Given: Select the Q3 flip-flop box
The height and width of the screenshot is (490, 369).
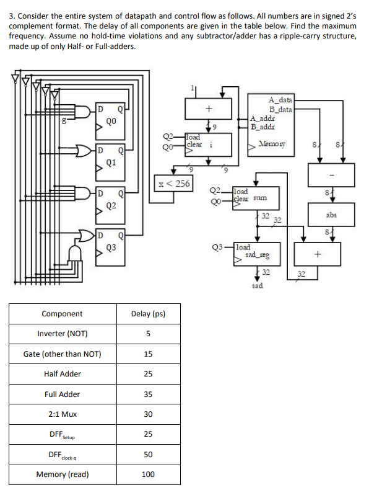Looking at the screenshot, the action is click(x=110, y=248).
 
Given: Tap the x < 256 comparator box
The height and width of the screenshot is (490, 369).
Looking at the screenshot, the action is click(x=174, y=184).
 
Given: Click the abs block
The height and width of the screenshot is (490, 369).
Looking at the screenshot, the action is click(x=331, y=215).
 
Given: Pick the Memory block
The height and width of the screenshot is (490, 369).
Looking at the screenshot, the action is click(x=271, y=125).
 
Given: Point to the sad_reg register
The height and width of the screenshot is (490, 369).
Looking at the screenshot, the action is click(x=256, y=254).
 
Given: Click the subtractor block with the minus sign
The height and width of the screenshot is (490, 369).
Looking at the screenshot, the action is click(x=331, y=175).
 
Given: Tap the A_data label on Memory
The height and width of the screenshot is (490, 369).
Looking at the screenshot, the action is click(x=280, y=100).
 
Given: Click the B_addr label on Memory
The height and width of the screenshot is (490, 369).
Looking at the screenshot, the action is click(x=263, y=127).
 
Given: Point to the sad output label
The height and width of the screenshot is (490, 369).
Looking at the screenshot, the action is click(x=258, y=285).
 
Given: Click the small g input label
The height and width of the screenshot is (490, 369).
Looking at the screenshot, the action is click(x=63, y=120).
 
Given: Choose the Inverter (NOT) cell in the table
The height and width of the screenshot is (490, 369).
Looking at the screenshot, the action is click(x=63, y=334).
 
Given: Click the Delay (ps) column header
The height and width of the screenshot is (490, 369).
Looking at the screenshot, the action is click(x=148, y=314).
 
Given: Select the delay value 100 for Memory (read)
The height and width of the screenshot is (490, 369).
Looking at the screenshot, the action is click(x=148, y=474).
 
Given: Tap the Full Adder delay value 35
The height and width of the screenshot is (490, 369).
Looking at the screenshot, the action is click(x=148, y=394).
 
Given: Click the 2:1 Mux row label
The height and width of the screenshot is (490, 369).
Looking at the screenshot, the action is click(x=63, y=414).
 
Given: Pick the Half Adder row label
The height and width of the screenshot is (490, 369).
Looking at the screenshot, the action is click(x=63, y=374).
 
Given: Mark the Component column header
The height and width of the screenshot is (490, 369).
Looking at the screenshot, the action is click(x=62, y=314).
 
